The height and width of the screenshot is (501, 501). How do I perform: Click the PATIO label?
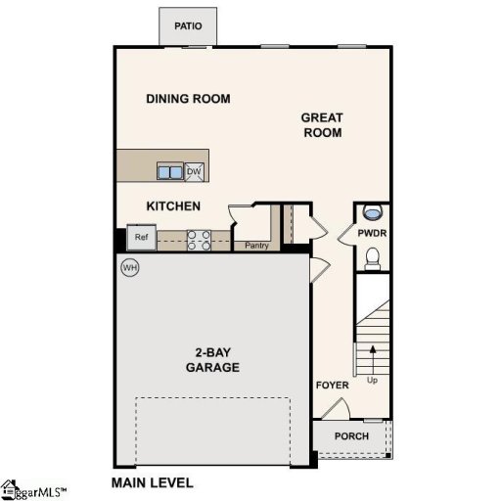pyautogui.click(x=188, y=25)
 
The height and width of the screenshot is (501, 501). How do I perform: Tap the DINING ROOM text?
pyautogui.click(x=188, y=99)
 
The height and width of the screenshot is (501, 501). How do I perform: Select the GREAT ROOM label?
pyautogui.click(x=322, y=125)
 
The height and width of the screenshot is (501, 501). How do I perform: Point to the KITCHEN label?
pyautogui.click(x=173, y=206)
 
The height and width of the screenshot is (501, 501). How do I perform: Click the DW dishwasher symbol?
pyautogui.click(x=194, y=172)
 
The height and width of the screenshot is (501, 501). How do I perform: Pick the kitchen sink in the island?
pyautogui.click(x=170, y=172)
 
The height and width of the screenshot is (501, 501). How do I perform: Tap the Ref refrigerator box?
pyautogui.click(x=141, y=237)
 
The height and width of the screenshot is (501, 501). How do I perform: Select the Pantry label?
pyautogui.click(x=256, y=246)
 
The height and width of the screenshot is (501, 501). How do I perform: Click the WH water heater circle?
pyautogui.click(x=129, y=266)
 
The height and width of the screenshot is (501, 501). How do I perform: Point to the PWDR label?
pyautogui.click(x=372, y=234)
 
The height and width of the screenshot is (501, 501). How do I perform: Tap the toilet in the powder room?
pyautogui.click(x=372, y=256)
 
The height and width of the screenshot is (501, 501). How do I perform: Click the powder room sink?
pyautogui.click(x=372, y=212)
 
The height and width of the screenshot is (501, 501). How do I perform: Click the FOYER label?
pyautogui.click(x=332, y=385)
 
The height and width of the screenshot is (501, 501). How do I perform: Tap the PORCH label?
pyautogui.click(x=351, y=435)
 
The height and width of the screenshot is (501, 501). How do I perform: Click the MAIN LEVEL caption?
pyautogui.click(x=153, y=482)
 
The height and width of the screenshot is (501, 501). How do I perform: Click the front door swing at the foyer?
pyautogui.click(x=335, y=410)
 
